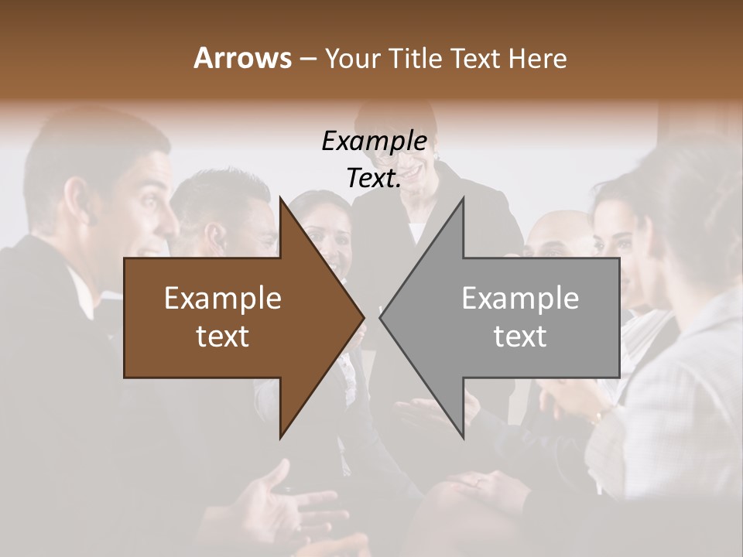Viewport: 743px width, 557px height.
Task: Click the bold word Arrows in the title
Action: point(242,58)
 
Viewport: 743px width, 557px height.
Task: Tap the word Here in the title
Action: point(537,58)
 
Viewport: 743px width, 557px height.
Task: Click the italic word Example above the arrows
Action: point(374,141)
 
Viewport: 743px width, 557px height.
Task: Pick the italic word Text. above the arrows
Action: point(374,179)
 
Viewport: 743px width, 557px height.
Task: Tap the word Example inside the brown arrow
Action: point(223,299)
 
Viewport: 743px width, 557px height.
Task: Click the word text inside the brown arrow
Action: point(223,337)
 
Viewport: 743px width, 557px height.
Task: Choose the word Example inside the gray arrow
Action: point(520,299)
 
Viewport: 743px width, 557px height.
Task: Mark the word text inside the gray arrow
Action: point(520,337)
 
